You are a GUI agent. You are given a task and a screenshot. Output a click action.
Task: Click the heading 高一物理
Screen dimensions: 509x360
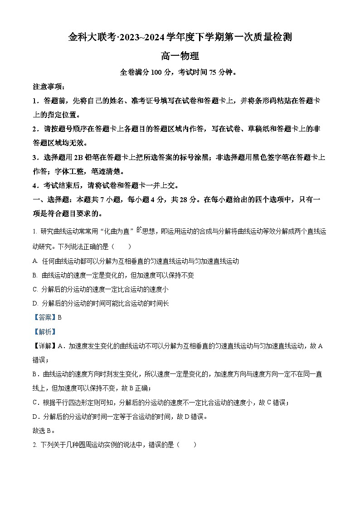180,56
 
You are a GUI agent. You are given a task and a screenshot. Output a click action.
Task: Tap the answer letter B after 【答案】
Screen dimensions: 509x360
59,318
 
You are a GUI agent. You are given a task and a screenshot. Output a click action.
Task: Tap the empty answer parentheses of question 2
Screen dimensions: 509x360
187,445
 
